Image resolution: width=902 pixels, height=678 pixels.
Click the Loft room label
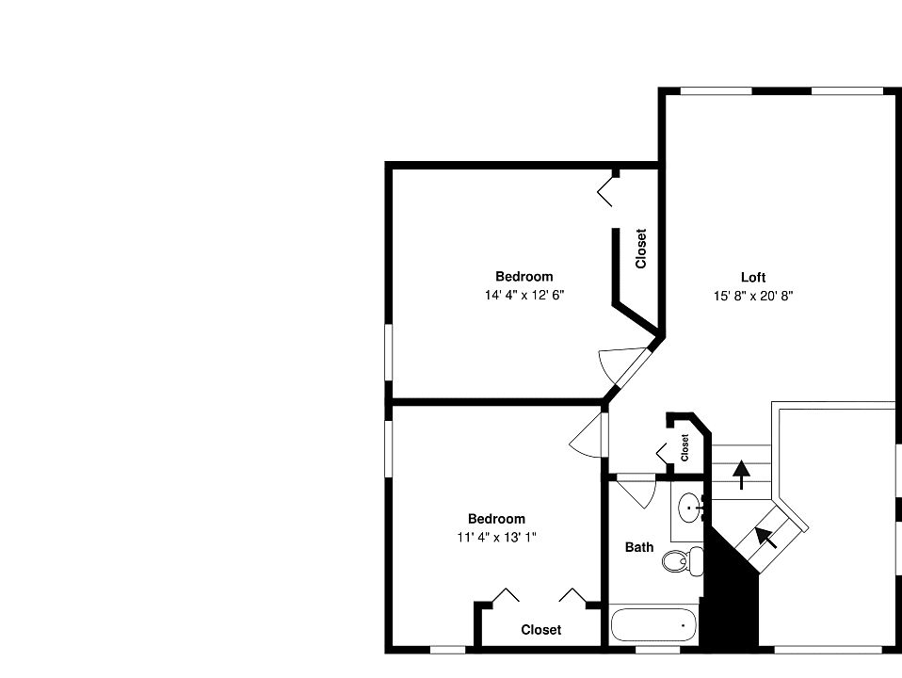tap(752, 277)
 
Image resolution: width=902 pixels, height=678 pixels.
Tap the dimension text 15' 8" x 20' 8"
tap(752, 296)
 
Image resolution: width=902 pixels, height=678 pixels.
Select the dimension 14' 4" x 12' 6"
tap(524, 295)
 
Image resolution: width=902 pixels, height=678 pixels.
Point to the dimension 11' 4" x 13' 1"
tap(496, 537)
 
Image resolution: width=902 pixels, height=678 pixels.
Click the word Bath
tap(639, 547)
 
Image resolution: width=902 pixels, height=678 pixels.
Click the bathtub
tap(654, 625)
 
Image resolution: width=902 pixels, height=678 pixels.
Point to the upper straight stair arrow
tap(742, 473)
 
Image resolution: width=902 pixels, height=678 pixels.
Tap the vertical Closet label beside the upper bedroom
tap(641, 250)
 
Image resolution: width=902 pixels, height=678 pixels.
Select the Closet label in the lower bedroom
tap(540, 630)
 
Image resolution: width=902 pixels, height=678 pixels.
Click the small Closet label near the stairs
tap(685, 445)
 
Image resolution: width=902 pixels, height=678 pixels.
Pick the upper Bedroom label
tap(524, 277)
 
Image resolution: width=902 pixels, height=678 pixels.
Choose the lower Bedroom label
tap(496, 519)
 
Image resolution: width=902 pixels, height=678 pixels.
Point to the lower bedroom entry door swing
tap(588, 435)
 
